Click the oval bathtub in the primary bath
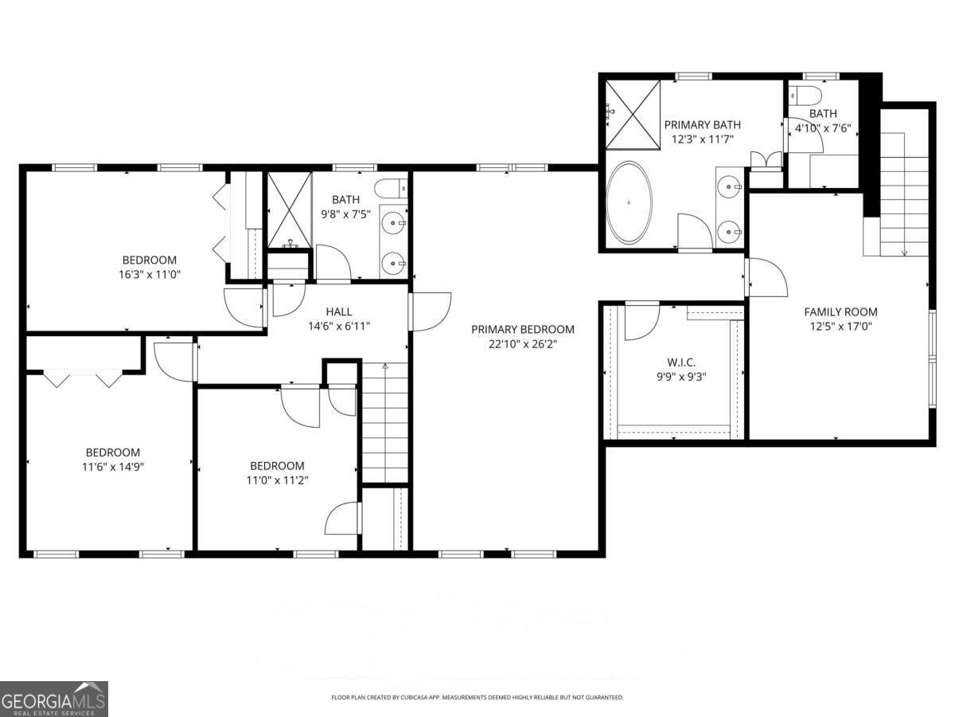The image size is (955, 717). [630, 202]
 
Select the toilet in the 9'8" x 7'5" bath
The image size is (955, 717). [391, 189]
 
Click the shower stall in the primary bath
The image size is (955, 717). [633, 114]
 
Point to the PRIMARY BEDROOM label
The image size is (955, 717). [522, 329]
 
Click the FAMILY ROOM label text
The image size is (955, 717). [840, 311]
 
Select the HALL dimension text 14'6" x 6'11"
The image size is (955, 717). [338, 325]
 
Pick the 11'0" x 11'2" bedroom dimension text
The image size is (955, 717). [277, 480]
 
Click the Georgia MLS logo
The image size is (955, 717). [53, 699]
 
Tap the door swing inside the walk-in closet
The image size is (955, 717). [641, 321]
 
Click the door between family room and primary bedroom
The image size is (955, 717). [765, 277]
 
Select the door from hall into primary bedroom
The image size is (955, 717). [430, 311]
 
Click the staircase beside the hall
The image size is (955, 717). [385, 422]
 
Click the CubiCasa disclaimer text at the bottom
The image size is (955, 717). [477, 697]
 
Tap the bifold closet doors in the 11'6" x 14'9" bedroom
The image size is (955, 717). [82, 378]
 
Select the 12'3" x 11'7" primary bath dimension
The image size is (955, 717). [702, 139]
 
